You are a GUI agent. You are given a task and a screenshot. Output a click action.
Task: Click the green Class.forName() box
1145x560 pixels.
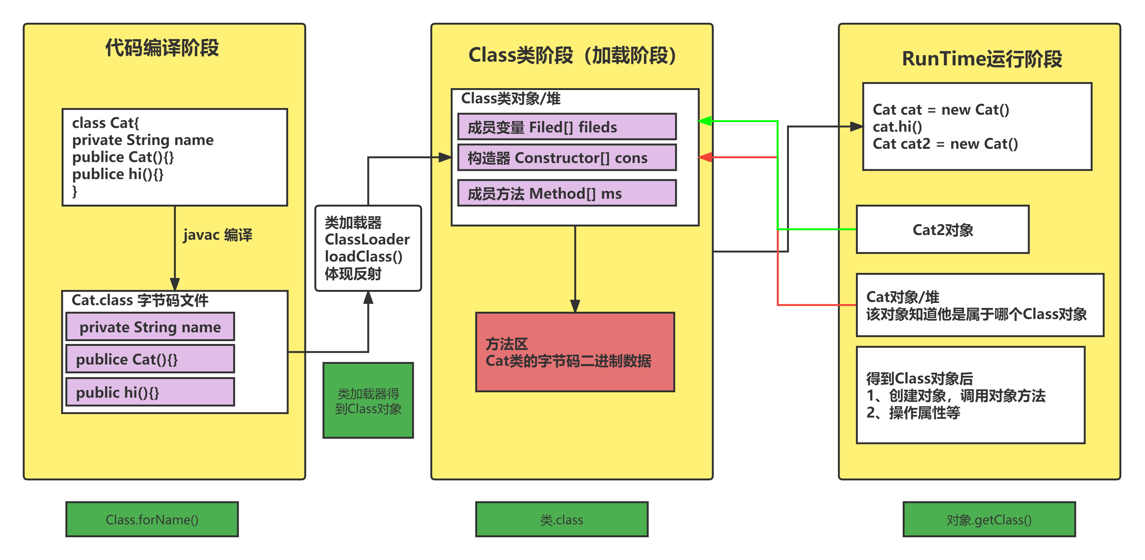pos(152,519)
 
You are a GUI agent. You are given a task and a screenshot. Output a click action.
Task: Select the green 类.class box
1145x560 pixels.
pos(561,519)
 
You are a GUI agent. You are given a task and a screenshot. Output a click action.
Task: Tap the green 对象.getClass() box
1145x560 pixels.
pos(989,519)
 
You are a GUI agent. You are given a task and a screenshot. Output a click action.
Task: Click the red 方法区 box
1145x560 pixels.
pos(575,352)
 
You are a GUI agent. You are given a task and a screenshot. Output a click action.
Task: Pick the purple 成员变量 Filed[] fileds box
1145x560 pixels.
pos(567,127)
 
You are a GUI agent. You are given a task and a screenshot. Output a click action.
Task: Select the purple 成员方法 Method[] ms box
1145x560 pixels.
pos(567,193)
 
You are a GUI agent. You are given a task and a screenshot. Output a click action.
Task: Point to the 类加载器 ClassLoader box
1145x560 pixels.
pos(368,248)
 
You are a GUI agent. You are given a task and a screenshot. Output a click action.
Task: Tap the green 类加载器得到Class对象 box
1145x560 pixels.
pos(368,400)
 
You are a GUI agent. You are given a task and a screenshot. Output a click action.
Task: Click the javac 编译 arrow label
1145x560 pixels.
pos(217,235)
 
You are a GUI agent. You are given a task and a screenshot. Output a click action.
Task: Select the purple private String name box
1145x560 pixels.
pos(150,327)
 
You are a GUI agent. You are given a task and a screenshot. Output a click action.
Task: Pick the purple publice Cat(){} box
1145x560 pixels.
pos(150,359)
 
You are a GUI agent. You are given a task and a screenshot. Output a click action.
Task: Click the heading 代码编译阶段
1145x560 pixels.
pos(162,48)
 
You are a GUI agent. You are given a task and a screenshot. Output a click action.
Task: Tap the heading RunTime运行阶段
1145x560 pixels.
pos(982,59)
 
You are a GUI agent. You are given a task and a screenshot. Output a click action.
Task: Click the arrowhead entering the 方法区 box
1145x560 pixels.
pos(575,307)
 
